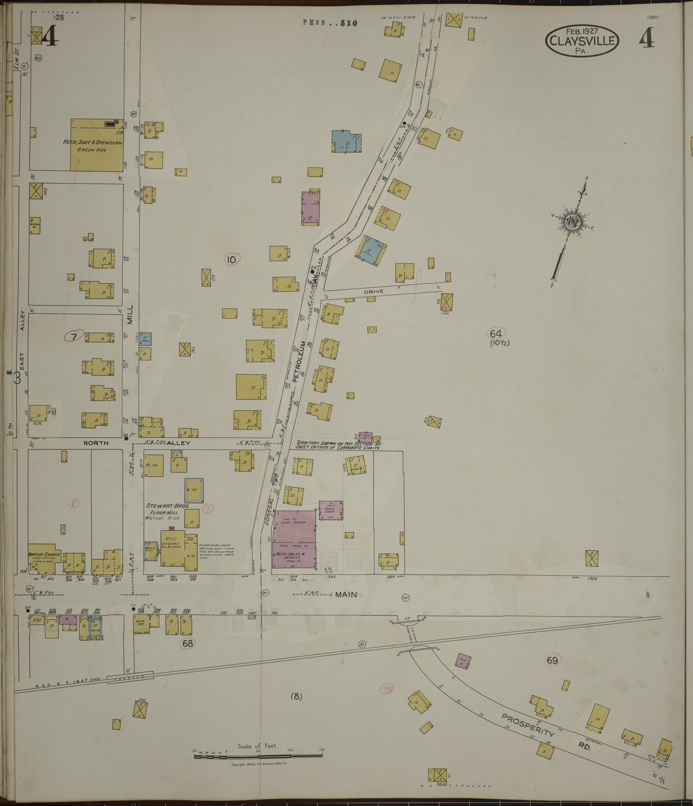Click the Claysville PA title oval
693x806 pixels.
pyautogui.click(x=582, y=40)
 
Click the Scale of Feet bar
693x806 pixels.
pyautogui.click(x=258, y=756)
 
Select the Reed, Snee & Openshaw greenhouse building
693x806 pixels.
pyautogui.click(x=97, y=145)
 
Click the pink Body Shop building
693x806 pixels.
pyautogui.click(x=332, y=510)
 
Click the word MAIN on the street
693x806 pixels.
pyautogui.click(x=346, y=594)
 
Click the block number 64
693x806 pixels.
pyautogui.click(x=496, y=334)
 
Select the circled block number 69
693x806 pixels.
pyautogui.click(x=552, y=660)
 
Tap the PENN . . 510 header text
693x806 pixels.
pyautogui.click(x=330, y=23)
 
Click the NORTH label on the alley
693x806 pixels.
pyautogui.click(x=96, y=443)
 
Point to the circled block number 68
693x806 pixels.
pyautogui.click(x=188, y=643)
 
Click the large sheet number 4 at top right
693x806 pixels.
pyautogui.click(x=647, y=39)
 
